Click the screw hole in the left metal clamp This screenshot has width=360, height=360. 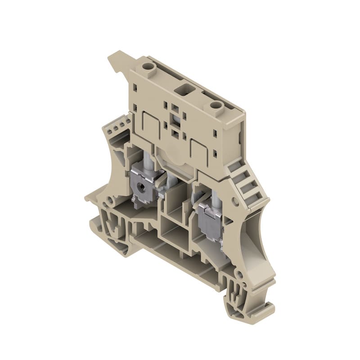click(x=140, y=184)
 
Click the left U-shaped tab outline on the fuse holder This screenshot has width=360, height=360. click(x=148, y=124)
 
